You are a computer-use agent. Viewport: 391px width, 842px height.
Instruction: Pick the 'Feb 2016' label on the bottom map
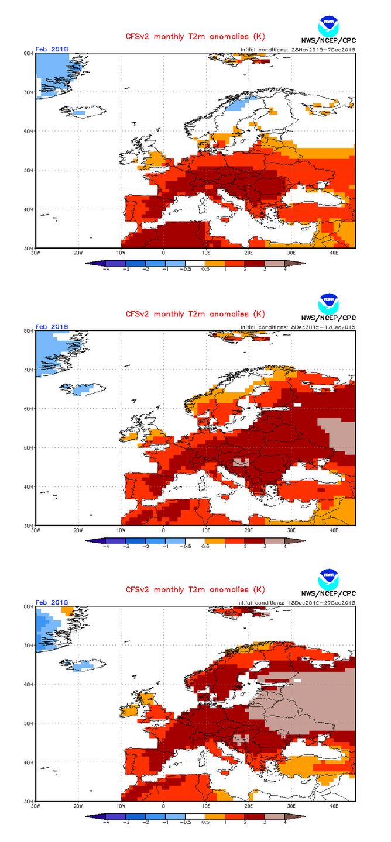52,602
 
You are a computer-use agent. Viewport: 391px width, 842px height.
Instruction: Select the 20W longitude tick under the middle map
78,530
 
